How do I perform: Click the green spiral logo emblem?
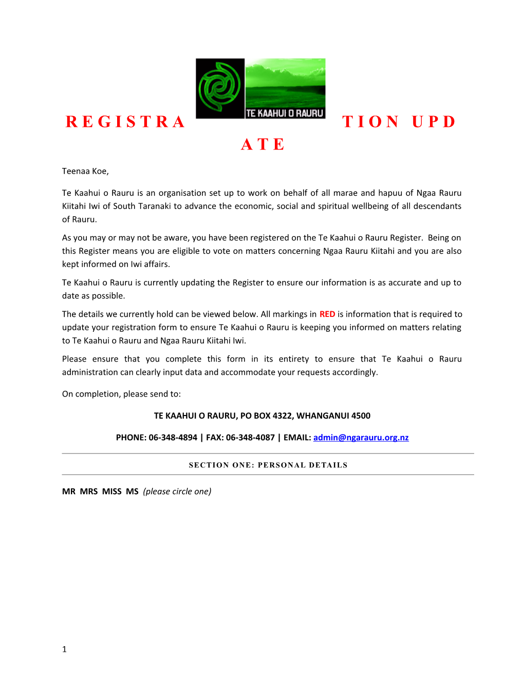(x=220, y=88)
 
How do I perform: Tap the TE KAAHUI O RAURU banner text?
(x=285, y=113)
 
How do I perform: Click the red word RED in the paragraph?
(x=327, y=314)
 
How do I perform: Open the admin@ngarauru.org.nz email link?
(x=361, y=437)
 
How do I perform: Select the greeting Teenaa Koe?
(x=85, y=171)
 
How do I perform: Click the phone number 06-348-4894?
(x=173, y=437)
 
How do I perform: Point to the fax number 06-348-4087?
(x=250, y=437)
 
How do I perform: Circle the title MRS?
(x=89, y=491)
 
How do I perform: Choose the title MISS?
(x=112, y=491)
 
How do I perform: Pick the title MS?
(x=132, y=491)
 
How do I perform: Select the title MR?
(x=68, y=491)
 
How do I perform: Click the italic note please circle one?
(x=177, y=491)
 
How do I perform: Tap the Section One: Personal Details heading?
(x=268, y=465)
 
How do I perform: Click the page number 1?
(x=64, y=649)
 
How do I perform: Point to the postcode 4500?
(x=361, y=416)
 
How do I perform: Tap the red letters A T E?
(x=263, y=144)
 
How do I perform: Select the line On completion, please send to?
(x=121, y=394)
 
